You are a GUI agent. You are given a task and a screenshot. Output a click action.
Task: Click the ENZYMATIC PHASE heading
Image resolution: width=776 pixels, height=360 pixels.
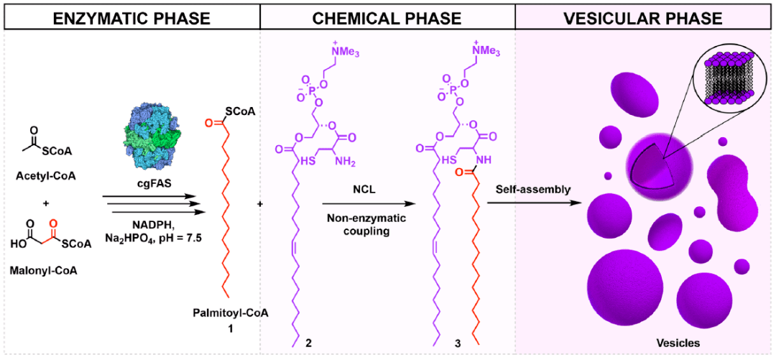point(130,15)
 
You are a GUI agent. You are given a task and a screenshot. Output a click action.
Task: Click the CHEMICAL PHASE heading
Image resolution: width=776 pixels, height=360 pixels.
point(388,15)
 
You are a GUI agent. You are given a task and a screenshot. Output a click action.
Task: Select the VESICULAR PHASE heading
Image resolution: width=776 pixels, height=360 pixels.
point(645,15)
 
